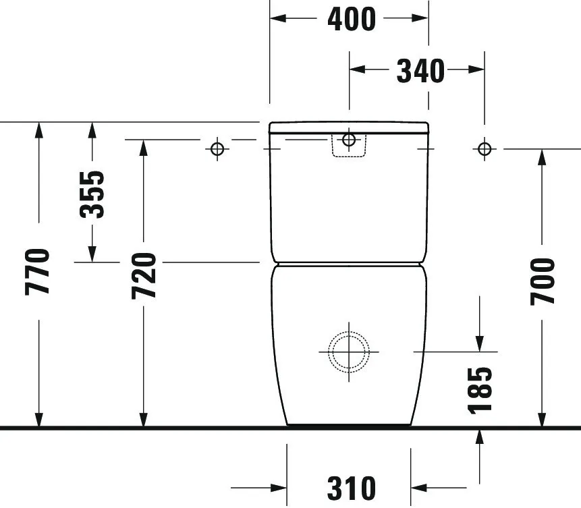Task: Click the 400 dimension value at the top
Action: click(351, 19)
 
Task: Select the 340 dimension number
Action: click(420, 70)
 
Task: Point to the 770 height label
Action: click(38, 271)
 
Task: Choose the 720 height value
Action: click(144, 276)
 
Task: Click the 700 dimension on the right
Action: click(543, 281)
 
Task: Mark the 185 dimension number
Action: click(479, 389)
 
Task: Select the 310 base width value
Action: click(351, 487)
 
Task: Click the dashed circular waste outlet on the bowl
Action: click(349, 351)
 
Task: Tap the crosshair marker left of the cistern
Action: click(217, 148)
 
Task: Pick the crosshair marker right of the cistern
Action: click(484, 148)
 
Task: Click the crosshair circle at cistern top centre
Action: click(349, 140)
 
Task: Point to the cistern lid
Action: click(349, 128)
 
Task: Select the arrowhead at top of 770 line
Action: click(39, 130)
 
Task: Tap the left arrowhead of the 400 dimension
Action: click(278, 18)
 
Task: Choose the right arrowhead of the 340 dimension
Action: click(476, 69)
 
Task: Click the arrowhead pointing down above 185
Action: click(479, 343)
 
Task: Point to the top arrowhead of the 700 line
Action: click(543, 157)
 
